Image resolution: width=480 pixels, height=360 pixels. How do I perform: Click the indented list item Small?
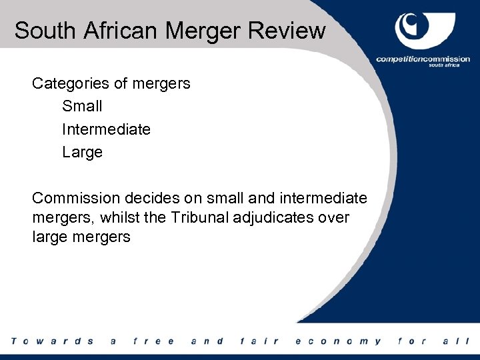82,107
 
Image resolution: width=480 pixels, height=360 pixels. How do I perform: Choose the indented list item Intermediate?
106,129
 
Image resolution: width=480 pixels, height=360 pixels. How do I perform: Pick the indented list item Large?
82,152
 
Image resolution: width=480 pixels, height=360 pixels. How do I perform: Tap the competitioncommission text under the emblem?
423,59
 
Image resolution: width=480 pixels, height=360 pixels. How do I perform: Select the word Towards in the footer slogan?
52,341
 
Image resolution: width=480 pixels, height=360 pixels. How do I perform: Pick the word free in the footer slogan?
153,341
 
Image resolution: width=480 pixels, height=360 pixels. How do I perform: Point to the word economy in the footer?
339,341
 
